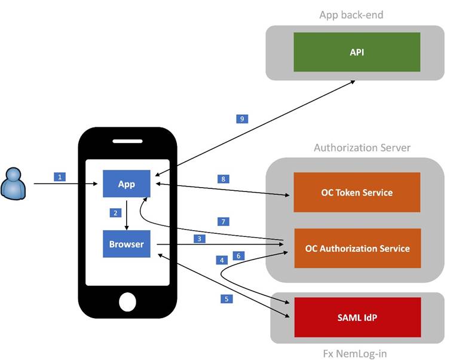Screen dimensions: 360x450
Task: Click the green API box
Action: [x=356, y=52]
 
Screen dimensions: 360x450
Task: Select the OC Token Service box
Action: [x=356, y=193]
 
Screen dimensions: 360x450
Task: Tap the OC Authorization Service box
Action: [x=356, y=248]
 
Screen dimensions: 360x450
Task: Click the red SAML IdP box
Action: [x=356, y=317]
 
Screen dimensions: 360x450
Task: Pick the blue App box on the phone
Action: [x=126, y=184]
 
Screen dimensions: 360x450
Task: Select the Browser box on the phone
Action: [x=126, y=244]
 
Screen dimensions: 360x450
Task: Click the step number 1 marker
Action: [x=59, y=176]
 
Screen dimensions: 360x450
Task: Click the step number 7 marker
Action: [x=222, y=221]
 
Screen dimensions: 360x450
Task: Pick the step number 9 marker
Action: [x=241, y=118]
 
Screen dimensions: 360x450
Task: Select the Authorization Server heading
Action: [x=362, y=147]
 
